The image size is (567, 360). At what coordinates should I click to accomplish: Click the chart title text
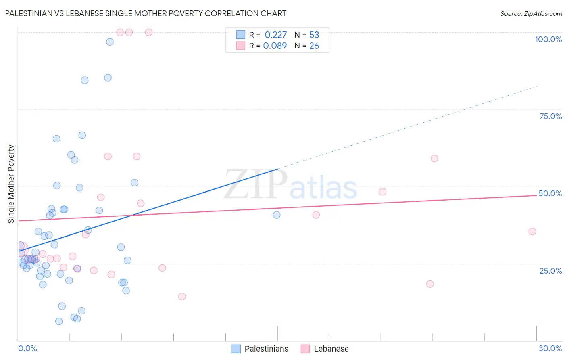(x=146, y=13)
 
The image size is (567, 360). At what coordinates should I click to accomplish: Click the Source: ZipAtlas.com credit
(x=531, y=13)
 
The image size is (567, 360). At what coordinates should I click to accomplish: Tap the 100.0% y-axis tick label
(x=548, y=39)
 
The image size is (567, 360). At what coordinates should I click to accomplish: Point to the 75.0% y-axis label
(x=550, y=116)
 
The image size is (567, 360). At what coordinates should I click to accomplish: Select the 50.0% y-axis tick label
(x=550, y=193)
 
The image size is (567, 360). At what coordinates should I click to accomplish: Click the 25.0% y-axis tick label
(x=550, y=271)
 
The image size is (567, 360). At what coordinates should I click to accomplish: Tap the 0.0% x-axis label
(x=27, y=348)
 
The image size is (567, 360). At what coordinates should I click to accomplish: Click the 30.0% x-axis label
(x=550, y=348)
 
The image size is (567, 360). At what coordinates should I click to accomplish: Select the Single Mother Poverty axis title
(x=11, y=184)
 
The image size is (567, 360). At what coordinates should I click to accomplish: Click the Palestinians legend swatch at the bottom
(x=236, y=349)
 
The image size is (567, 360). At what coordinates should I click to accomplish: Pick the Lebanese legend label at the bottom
(x=331, y=349)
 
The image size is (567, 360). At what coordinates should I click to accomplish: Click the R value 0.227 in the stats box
(x=275, y=35)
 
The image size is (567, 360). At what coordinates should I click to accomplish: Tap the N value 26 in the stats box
(x=314, y=46)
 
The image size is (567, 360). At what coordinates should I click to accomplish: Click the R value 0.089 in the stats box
(x=275, y=46)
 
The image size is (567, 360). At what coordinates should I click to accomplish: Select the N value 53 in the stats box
(x=314, y=35)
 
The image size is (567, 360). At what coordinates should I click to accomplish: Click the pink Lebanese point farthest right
(x=532, y=232)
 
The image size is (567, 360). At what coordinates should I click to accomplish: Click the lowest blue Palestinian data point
(x=59, y=321)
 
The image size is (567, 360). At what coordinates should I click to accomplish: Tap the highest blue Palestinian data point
(x=110, y=42)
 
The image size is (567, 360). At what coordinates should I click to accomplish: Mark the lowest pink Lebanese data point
(x=182, y=297)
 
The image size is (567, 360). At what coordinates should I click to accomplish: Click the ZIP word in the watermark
(x=256, y=184)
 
